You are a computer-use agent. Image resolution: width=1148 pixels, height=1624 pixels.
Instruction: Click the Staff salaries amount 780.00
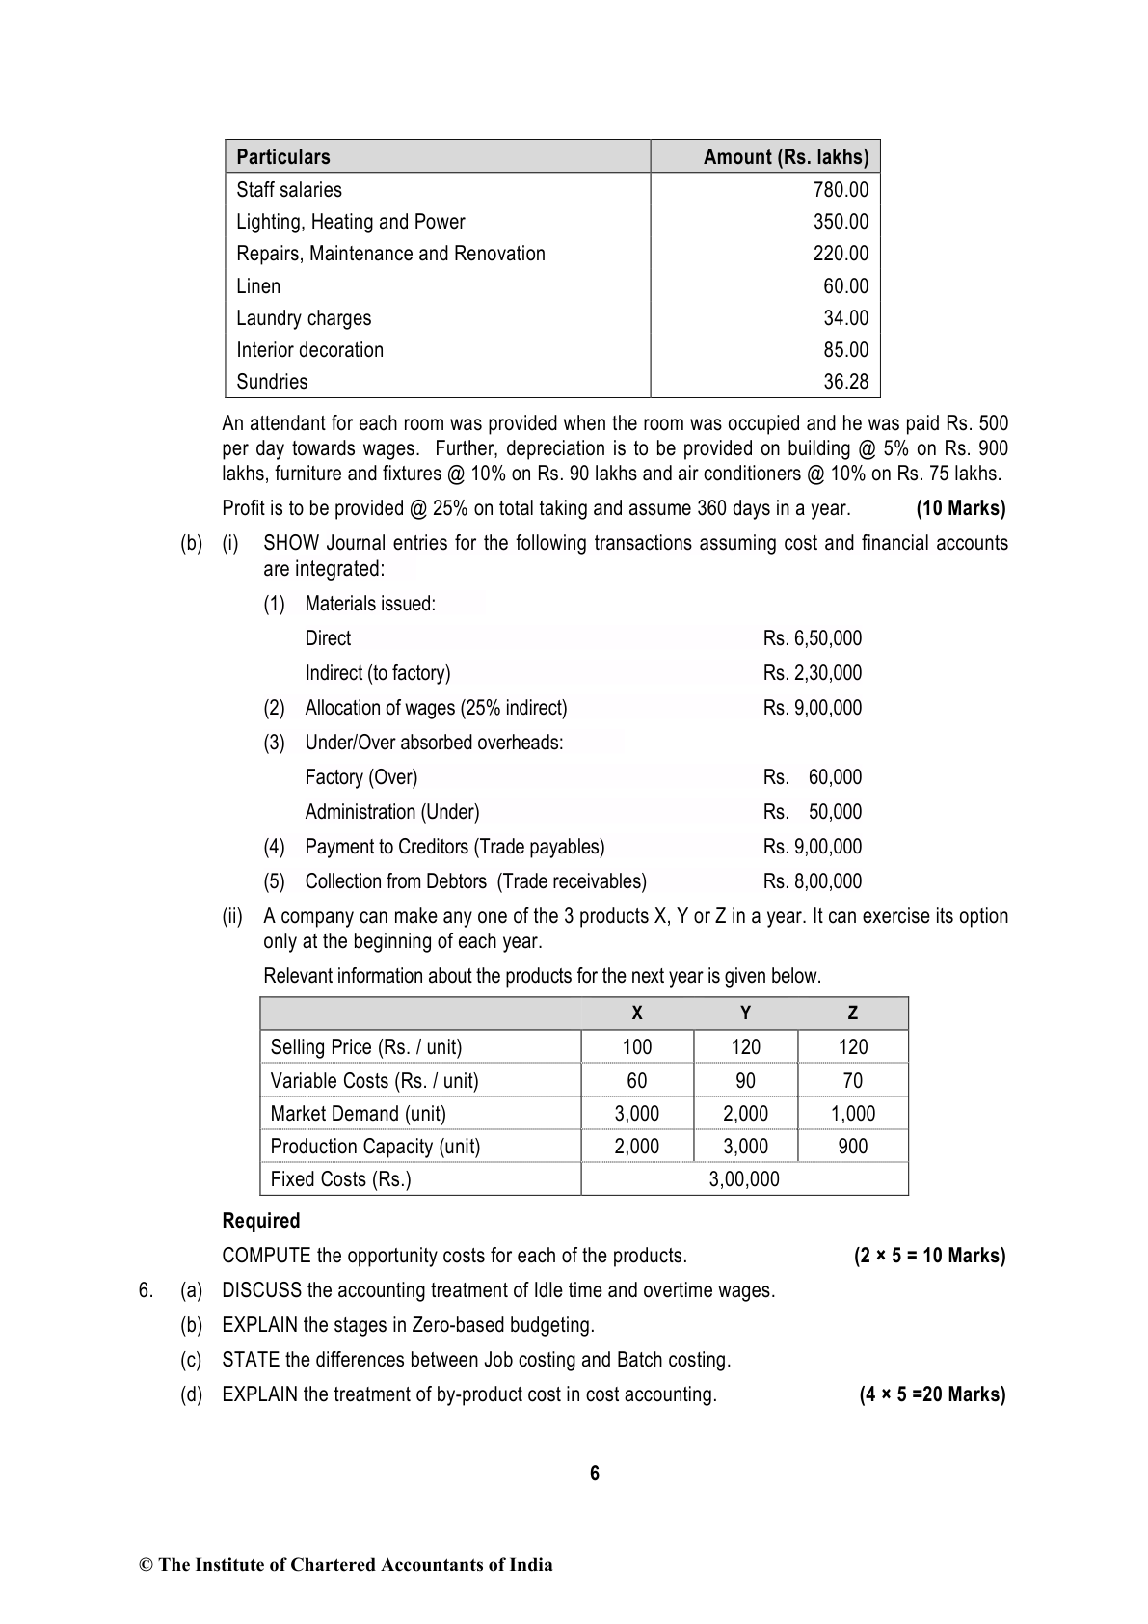point(841,190)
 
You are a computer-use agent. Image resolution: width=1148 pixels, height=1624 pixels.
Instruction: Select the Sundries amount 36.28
point(845,382)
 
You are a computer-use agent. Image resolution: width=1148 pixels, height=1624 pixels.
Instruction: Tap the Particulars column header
point(283,157)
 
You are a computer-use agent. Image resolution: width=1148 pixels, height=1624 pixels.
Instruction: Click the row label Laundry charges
point(304,318)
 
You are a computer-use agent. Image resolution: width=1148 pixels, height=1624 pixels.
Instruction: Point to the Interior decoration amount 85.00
point(845,350)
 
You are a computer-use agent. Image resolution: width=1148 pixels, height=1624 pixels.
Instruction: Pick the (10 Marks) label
point(960,508)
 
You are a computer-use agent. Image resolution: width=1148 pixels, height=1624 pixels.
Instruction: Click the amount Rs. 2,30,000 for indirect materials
point(813,673)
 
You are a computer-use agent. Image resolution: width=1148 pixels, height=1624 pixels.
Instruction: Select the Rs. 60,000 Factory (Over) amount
point(813,777)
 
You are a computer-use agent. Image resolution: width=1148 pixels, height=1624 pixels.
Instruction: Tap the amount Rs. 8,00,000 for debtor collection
point(813,881)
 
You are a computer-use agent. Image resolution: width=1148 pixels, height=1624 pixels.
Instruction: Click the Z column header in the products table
point(853,1014)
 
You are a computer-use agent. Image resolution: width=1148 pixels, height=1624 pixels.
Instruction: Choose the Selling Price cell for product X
point(637,1047)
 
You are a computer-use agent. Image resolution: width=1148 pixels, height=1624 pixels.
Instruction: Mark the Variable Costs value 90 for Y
point(745,1081)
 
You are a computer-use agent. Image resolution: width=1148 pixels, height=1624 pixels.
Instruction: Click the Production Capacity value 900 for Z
point(853,1147)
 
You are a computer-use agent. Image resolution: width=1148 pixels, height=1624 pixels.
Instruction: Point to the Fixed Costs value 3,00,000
point(744,1179)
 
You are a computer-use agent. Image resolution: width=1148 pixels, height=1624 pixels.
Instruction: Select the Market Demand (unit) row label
point(359,1114)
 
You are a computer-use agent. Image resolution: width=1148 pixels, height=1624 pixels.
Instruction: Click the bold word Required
point(261,1221)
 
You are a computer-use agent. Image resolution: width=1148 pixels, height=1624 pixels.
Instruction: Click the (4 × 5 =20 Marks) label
point(932,1394)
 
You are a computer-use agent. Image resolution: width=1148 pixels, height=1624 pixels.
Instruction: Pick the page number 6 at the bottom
point(595,1474)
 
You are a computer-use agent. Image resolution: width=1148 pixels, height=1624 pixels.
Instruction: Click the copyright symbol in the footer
point(147,1565)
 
